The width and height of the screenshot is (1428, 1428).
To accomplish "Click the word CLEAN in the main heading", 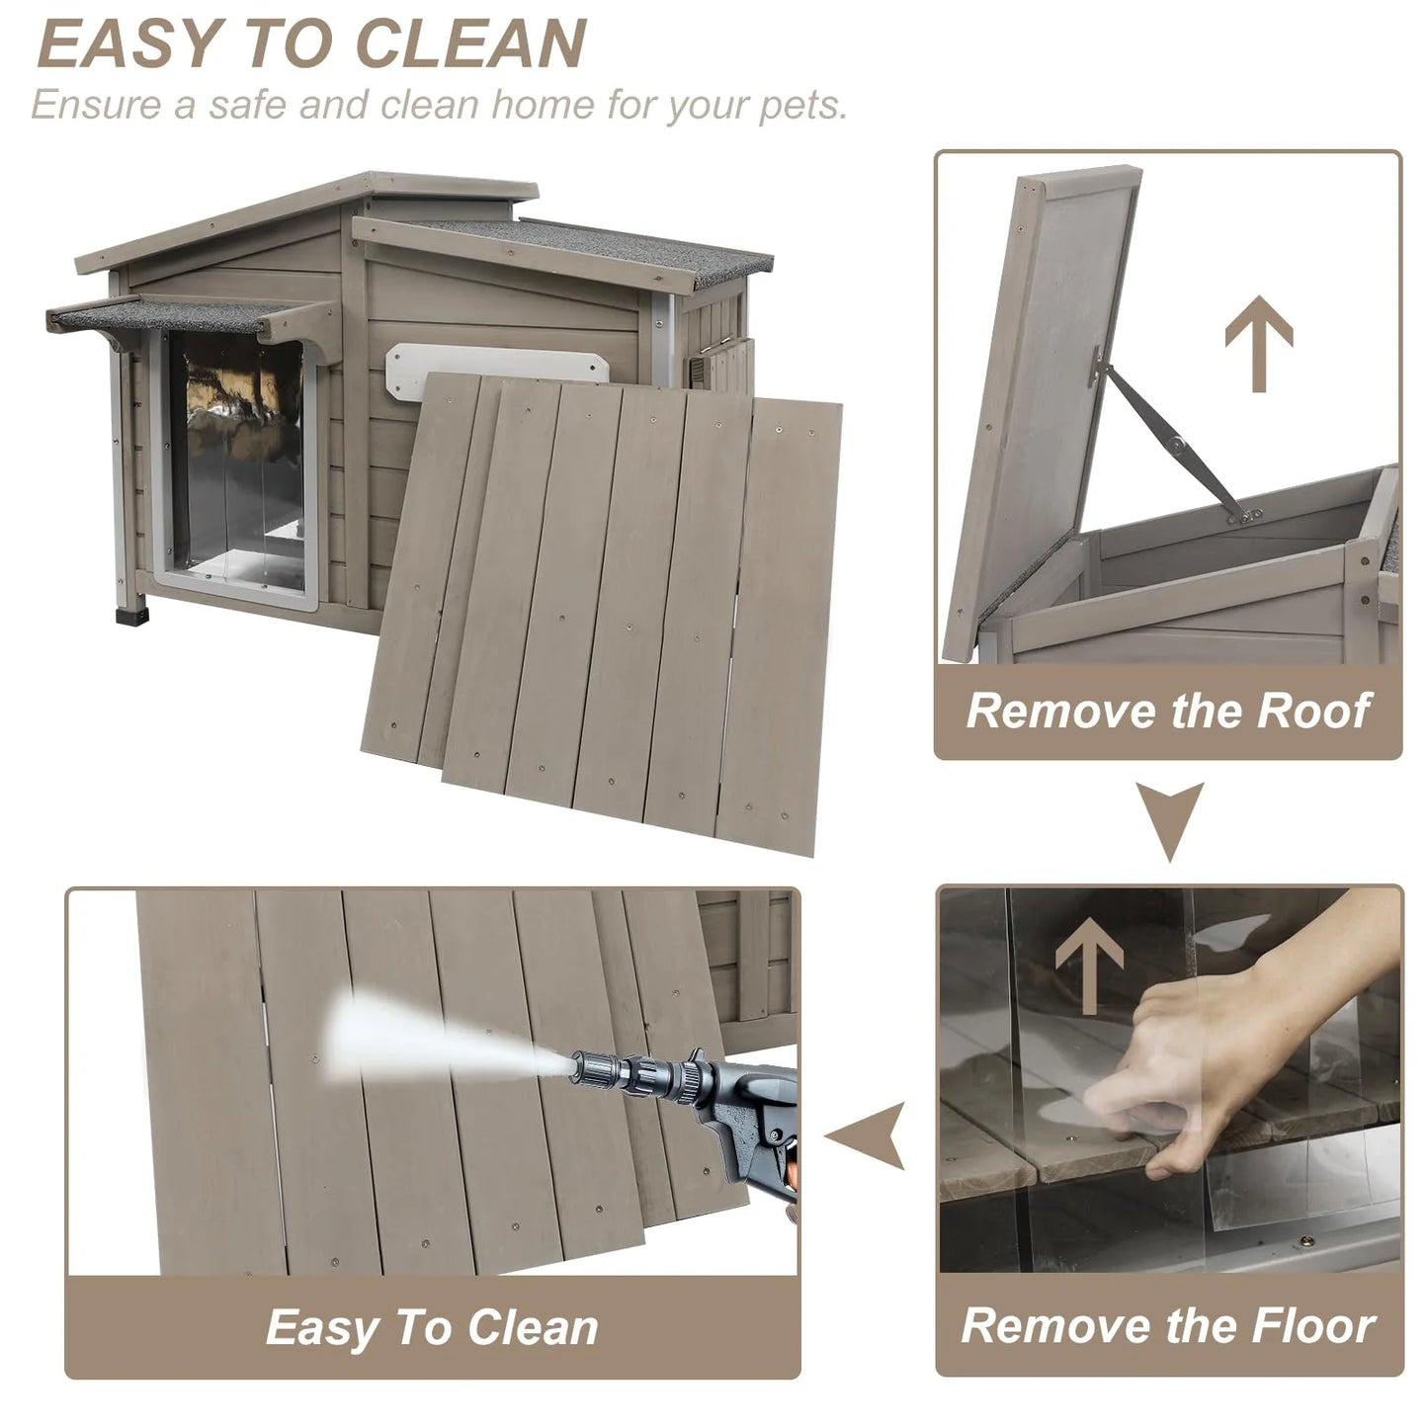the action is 471,43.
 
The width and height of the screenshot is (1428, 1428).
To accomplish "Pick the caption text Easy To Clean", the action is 432,1327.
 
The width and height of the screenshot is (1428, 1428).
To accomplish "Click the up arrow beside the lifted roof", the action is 1258,343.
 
